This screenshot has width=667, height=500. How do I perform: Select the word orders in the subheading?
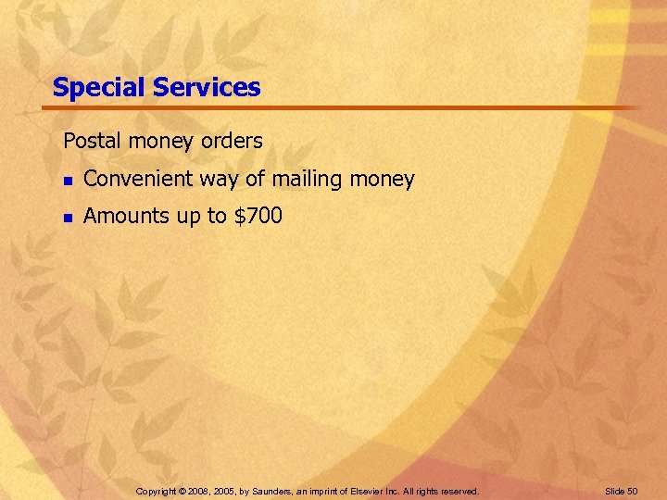pos(233,142)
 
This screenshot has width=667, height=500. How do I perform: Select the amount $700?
pos(258,217)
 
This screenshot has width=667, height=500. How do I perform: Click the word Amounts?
pos(123,217)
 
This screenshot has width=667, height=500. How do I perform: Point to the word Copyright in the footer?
pos(155,491)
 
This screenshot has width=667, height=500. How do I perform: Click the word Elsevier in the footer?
pos(369,491)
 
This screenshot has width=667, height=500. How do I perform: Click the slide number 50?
pos(633,491)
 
